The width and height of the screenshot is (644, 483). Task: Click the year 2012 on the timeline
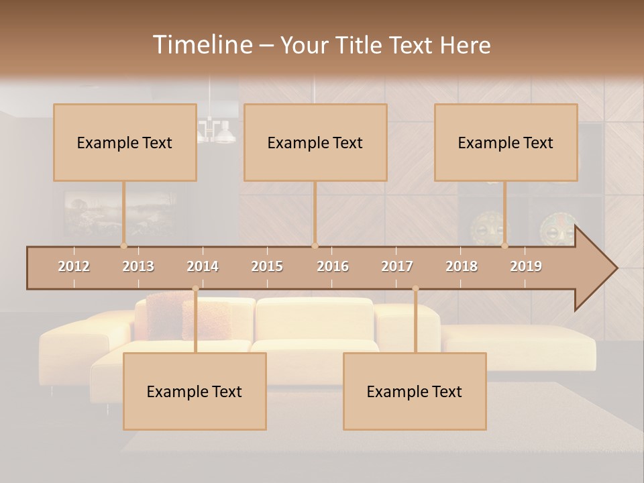74,266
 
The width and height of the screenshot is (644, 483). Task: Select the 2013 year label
138,266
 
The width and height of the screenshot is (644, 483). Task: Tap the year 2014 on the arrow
203,266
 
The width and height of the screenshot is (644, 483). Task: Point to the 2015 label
267,266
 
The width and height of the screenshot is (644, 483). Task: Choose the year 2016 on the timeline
333,266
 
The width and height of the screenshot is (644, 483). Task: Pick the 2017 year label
397,266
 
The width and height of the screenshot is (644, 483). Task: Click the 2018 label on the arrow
462,266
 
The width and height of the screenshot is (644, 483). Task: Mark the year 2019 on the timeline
526,266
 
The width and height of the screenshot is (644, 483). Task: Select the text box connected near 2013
125,142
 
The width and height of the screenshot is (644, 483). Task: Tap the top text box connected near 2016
315,142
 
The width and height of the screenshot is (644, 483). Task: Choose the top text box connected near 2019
506,142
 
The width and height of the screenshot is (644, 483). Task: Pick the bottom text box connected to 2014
195,391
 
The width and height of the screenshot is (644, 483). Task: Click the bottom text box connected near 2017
415,391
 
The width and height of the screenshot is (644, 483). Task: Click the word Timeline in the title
201,45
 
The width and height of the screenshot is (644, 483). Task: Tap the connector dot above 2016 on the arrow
315,246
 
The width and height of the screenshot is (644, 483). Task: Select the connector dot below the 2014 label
195,288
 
